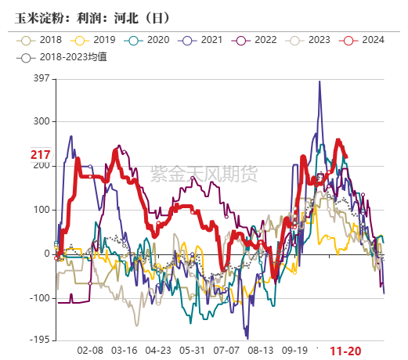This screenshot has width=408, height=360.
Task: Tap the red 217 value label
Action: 40,155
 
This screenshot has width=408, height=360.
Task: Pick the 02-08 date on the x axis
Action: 91,351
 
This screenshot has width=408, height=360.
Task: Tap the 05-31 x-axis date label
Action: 193,351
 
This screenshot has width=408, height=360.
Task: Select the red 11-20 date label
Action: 345,351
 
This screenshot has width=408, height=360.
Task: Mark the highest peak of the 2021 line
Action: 320,81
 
